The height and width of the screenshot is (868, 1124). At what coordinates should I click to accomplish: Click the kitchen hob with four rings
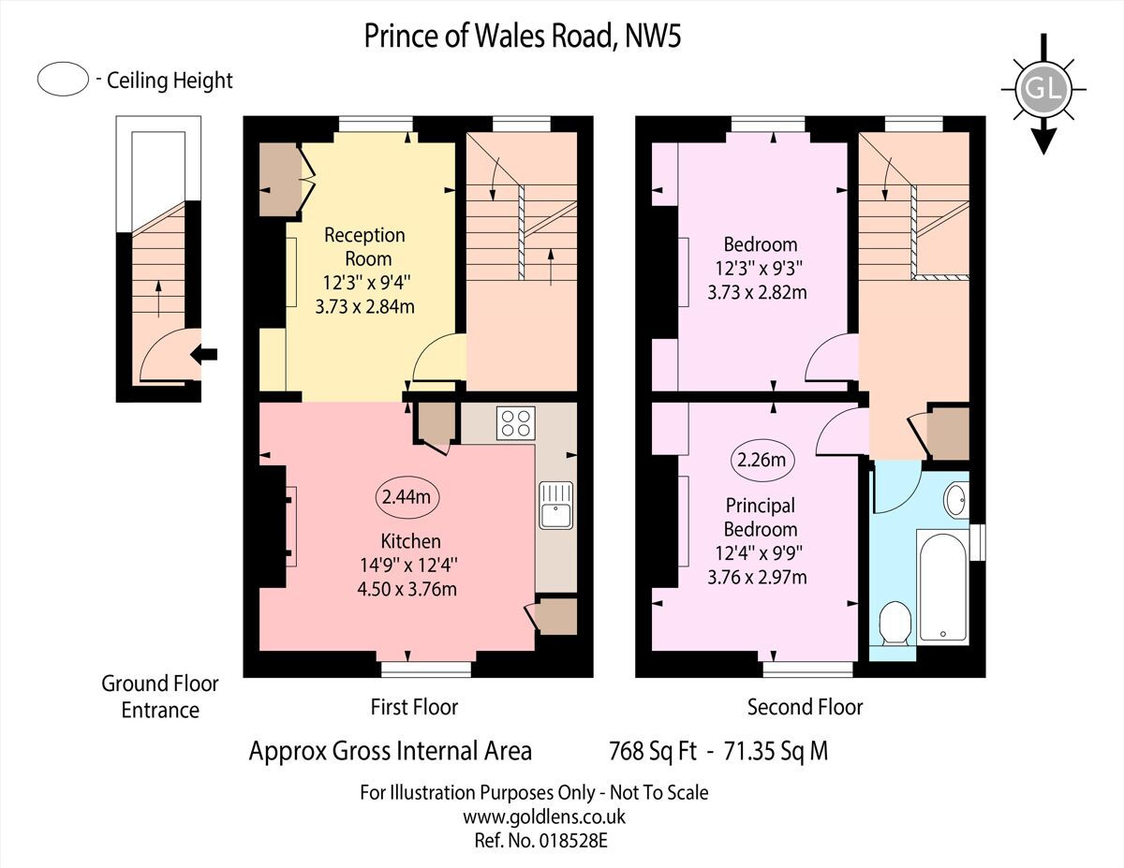(515, 422)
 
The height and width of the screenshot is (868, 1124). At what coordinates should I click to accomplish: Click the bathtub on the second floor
(943, 587)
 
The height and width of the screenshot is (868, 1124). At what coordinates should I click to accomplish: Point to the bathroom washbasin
(956, 499)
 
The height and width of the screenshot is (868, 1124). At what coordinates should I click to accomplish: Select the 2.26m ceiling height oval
(763, 460)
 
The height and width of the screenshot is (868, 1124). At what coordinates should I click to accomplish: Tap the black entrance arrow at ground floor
(204, 354)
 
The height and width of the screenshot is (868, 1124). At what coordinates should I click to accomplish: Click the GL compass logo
(1043, 90)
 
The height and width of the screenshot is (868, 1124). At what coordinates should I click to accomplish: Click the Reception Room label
(364, 246)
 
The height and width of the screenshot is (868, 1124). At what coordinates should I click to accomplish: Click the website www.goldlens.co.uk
(544, 817)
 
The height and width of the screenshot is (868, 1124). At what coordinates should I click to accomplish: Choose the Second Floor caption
(805, 706)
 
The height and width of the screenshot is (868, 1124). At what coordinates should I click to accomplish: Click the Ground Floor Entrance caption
(160, 697)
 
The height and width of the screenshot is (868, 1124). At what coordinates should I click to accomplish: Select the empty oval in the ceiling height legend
(64, 80)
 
